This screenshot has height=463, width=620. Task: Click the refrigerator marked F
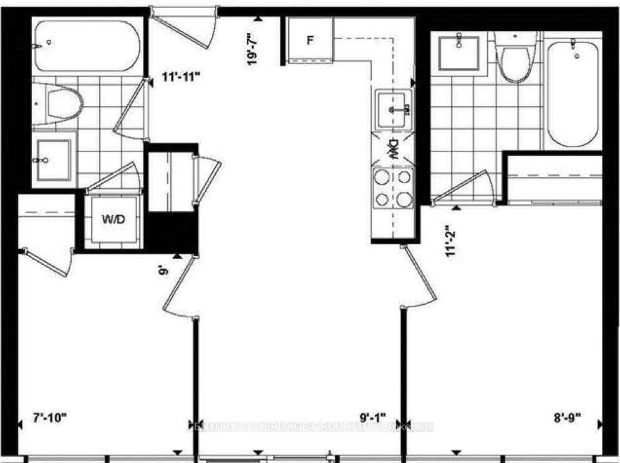pyautogui.click(x=309, y=40)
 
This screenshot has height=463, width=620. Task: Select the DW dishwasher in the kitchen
pyautogui.click(x=393, y=150)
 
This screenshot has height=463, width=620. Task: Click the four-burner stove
pyautogui.click(x=393, y=188)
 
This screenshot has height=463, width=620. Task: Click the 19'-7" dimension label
pyautogui.click(x=253, y=50)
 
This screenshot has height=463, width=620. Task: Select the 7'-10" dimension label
pyautogui.click(x=49, y=416)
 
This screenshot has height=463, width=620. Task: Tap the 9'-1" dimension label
pyautogui.click(x=373, y=416)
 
